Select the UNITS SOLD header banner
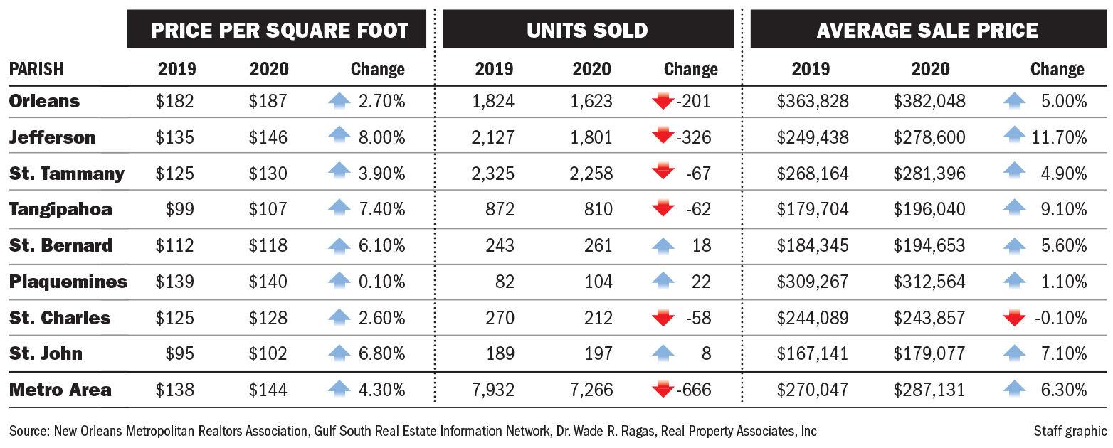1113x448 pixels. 587,30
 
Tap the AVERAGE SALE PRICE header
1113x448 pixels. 927,30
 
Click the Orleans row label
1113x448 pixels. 44,102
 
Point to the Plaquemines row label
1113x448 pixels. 68,282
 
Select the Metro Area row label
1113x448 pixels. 60,390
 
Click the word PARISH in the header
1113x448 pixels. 36,69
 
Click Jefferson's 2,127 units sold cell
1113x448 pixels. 493,137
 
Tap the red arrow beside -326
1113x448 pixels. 663,137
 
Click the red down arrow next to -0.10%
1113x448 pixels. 1014,318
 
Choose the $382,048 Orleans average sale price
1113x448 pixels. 929,102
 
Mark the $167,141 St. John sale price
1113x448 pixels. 813,353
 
